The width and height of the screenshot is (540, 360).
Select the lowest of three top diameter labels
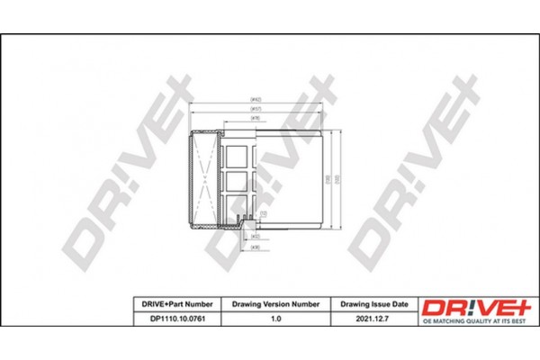pyautogui.click(x=256, y=117)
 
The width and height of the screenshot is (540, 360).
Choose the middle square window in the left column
pyautogui.click(x=238, y=181)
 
